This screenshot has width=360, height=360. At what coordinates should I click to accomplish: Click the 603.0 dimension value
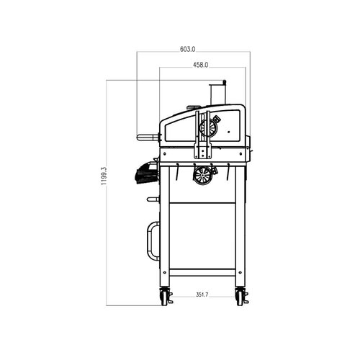click(x=188, y=49)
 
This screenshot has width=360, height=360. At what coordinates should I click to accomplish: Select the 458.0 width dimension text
click(x=201, y=65)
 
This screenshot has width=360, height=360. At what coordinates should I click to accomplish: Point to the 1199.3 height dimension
click(x=104, y=176)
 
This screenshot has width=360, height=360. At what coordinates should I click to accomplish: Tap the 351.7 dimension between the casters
click(x=202, y=294)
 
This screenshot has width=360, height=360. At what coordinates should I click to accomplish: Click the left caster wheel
click(x=164, y=297)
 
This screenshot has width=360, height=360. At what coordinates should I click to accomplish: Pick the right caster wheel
click(x=240, y=297)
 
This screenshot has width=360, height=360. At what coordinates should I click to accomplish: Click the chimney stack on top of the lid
click(x=217, y=94)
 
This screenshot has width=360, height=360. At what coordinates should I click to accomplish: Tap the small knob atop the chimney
click(x=225, y=82)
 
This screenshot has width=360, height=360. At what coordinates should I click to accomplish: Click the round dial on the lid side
click(x=209, y=127)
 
